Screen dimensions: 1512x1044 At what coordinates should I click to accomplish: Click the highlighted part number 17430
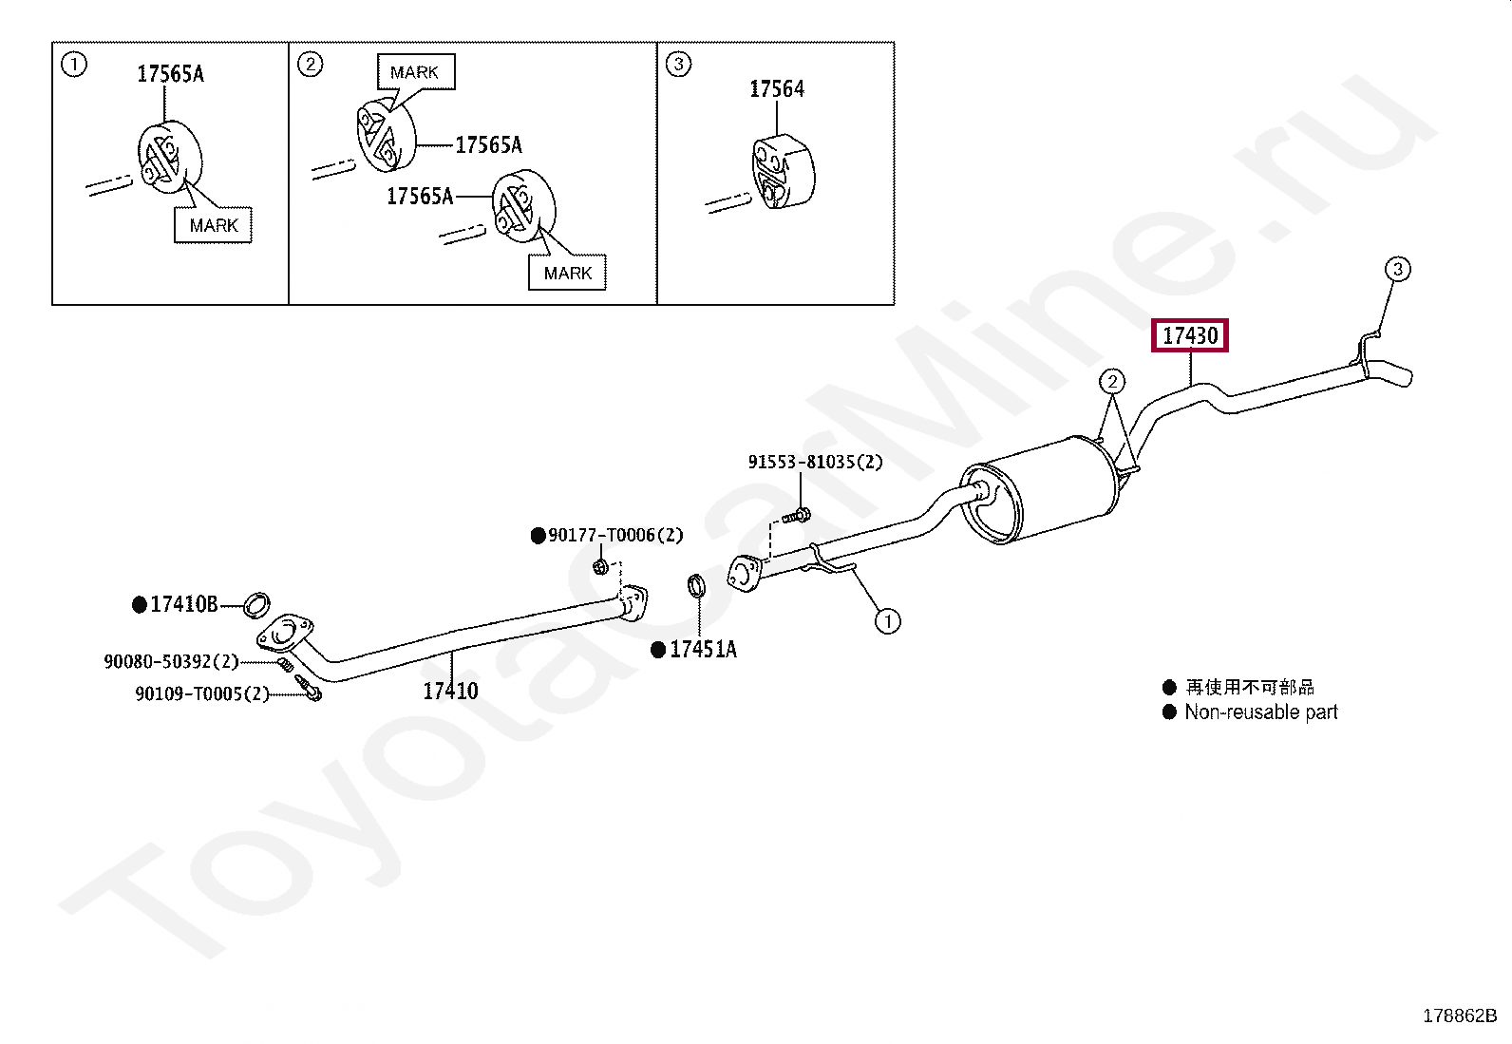point(1190,335)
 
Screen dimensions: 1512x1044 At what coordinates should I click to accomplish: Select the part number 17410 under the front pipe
point(450,691)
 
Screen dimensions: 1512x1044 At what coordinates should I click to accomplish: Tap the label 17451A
point(703,650)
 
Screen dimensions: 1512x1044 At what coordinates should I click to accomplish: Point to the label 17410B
point(184,604)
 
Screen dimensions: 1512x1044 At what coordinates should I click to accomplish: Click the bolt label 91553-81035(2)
point(815,463)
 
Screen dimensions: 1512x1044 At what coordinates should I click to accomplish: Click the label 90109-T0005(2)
point(202,693)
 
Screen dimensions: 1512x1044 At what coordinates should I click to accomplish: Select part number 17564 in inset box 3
point(777,89)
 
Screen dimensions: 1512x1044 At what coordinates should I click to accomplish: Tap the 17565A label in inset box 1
point(170,74)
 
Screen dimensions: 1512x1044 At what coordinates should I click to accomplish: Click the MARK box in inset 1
point(213,225)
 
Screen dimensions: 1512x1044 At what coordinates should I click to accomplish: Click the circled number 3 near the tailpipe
point(1397,270)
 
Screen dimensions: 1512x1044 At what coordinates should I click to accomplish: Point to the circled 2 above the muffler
point(1111,382)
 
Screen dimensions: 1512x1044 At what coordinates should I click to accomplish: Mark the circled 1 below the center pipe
point(886,621)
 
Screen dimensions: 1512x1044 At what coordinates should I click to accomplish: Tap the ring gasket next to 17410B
point(257,602)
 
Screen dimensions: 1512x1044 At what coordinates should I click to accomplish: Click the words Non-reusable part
point(1260,712)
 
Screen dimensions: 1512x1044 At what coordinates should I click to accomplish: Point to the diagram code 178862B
point(1459,1016)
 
